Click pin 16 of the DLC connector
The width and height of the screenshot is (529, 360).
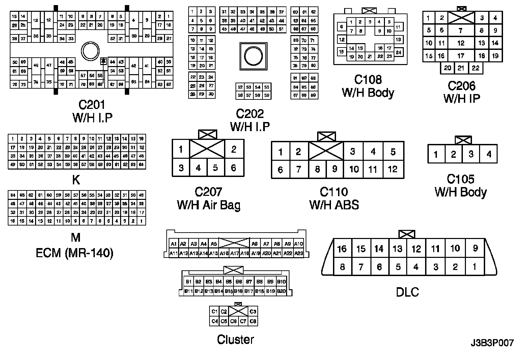pyautogui.click(x=342, y=249)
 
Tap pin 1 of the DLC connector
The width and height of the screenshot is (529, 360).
pyautogui.click(x=474, y=267)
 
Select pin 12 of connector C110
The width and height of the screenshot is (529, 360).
pyautogui.click(x=392, y=169)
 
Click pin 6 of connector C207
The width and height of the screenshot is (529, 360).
pyautogui.click(x=233, y=168)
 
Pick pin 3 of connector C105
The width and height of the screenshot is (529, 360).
pyautogui.click(x=471, y=154)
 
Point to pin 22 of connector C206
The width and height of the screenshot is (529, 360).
pyautogui.click(x=475, y=68)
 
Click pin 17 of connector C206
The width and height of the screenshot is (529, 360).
pyautogui.click(x=461, y=56)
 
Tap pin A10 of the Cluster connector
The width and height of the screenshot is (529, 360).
pyautogui.click(x=298, y=244)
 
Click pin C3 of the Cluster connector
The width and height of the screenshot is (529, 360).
pyautogui.click(x=253, y=311)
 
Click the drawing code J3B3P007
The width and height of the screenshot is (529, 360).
pyautogui.click(x=492, y=343)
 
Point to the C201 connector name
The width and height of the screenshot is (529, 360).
pyautogui.click(x=92, y=105)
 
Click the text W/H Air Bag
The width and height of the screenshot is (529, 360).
pyautogui.click(x=208, y=205)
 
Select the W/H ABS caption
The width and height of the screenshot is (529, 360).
pyautogui.click(x=334, y=205)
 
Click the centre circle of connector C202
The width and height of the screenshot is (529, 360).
pyautogui.click(x=253, y=56)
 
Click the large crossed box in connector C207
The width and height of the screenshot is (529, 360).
pyautogui.click(x=207, y=149)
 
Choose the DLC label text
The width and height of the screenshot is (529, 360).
pyautogui.click(x=407, y=292)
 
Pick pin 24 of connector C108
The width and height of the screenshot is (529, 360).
pyautogui.click(x=398, y=52)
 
